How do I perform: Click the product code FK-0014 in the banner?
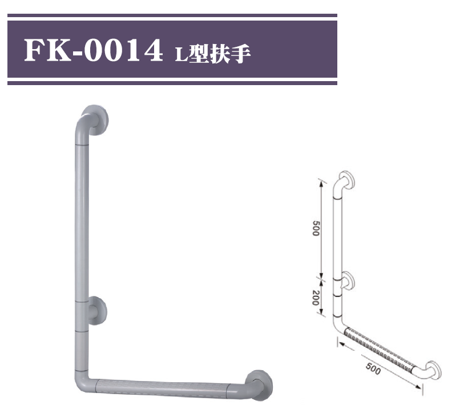[x=91, y=51]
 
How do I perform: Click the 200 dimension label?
[x=316, y=297]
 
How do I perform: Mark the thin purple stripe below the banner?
[x=172, y=83]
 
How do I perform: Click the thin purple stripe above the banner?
[x=172, y=16]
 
